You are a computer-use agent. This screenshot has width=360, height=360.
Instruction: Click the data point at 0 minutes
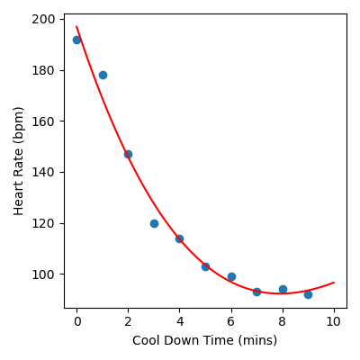pos(76,40)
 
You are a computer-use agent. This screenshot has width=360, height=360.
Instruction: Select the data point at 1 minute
pos(103,75)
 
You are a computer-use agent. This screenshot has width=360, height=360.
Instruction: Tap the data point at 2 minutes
pos(128,154)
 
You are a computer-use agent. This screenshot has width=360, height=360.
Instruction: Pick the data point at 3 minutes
pos(154,223)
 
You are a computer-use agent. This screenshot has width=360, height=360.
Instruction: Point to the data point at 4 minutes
pos(179,238)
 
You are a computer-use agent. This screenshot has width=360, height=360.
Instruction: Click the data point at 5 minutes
pos(205,266)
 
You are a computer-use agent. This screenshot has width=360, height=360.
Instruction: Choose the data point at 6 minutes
pos(231,276)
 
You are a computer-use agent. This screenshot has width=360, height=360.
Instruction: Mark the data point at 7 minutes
pos(256,292)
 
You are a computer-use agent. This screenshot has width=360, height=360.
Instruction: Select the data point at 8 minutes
pos(283,289)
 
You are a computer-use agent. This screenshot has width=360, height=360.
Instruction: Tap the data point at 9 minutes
pos(308,294)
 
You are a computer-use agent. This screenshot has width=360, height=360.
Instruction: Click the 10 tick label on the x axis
pos(334,321)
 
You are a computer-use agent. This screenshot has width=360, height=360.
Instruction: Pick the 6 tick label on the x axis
pos(231,321)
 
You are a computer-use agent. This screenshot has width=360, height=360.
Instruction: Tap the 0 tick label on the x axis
pos(76,321)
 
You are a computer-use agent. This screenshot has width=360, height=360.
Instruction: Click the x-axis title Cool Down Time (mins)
pos(204,340)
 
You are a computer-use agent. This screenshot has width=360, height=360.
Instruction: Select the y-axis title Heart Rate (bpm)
pos(18,160)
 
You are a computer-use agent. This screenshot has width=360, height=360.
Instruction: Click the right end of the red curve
pos(334,283)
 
